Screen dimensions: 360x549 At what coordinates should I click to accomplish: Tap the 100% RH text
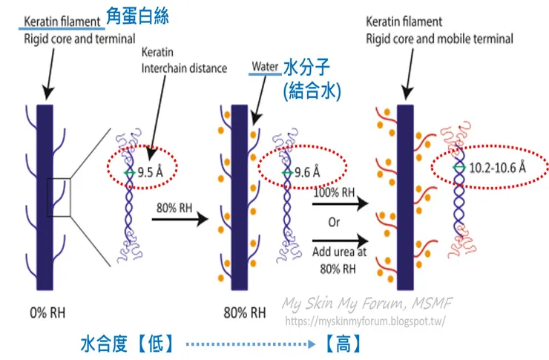tap(333, 193)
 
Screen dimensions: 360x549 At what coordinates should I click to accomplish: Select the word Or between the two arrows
tap(334, 221)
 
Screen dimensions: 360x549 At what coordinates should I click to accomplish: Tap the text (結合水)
tap(312, 91)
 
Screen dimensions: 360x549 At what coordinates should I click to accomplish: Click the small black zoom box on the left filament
tap(59, 197)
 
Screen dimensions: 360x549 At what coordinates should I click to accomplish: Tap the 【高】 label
tap(343, 344)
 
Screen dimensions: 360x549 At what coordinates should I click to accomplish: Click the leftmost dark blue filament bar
tap(44, 197)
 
